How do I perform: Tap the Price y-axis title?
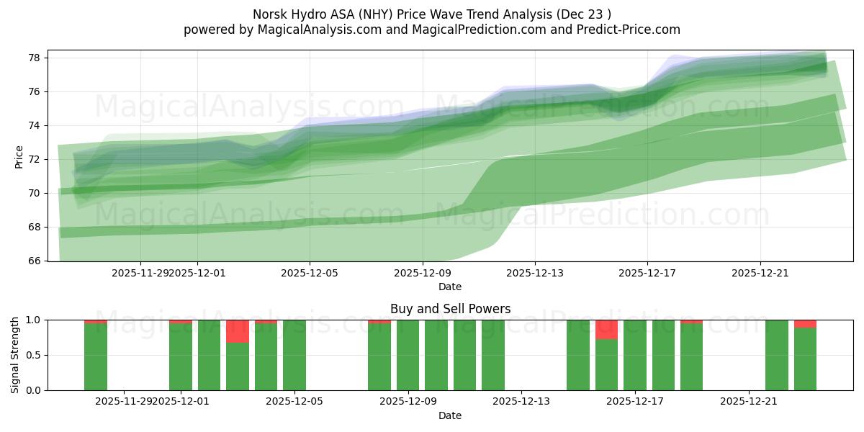coord(19,156)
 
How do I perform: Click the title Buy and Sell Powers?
coord(450,309)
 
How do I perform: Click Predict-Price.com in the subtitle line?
coord(621,30)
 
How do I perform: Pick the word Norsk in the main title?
coord(269,14)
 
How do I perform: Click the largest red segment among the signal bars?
coord(238,331)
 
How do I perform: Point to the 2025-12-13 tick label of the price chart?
coord(534,273)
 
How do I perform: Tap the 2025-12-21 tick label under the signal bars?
coord(749,401)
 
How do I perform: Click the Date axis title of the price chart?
coord(450,287)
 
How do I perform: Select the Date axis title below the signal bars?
coord(450,415)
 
